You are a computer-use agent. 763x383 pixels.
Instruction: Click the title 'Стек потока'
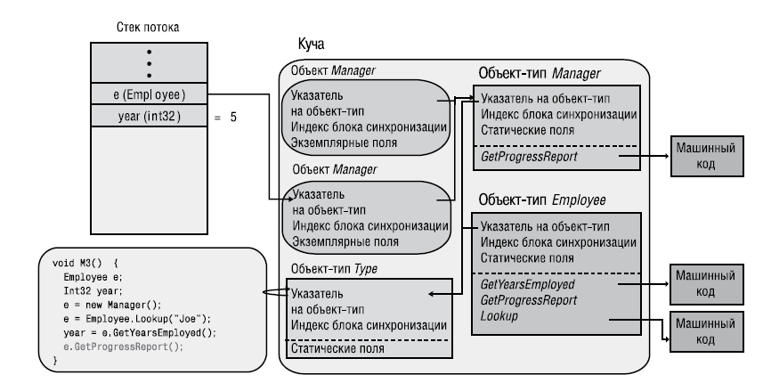pos(148,28)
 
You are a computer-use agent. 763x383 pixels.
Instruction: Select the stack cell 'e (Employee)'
pos(148,94)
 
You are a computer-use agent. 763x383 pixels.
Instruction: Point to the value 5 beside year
pos(233,116)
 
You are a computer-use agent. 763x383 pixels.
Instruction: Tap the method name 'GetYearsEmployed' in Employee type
pos(527,283)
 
